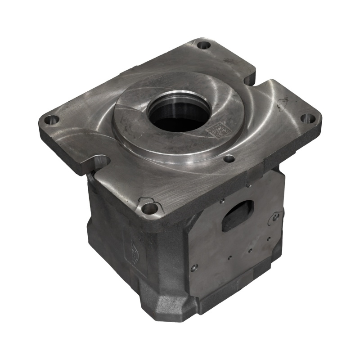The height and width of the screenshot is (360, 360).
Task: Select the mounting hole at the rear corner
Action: point(204,45)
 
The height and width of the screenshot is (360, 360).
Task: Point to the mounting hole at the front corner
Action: point(149,208)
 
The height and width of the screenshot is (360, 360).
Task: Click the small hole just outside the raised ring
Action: point(229,159)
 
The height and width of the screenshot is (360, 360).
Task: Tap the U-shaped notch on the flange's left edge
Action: point(102,161)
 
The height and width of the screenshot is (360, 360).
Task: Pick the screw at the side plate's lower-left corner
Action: point(194,267)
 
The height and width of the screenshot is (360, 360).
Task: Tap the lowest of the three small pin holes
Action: point(229,257)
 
